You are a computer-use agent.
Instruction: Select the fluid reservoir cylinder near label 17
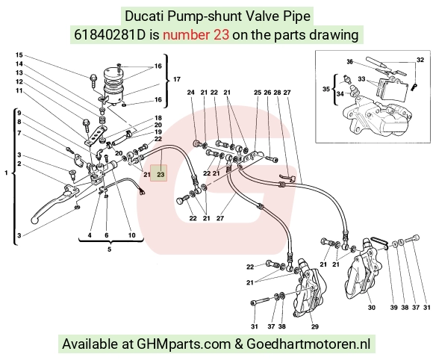pos(113,85)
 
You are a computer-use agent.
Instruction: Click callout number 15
pos(19,55)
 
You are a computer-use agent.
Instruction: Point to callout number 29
pos(315,327)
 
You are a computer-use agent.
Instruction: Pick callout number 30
pos(372,307)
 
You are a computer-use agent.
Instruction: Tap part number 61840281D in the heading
pos(109,35)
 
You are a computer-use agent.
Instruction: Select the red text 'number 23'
pos(196,35)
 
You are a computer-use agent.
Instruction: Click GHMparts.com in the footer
pos(184,344)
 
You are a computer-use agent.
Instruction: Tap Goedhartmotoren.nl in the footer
pos(308,344)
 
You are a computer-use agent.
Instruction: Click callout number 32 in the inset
pos(420,60)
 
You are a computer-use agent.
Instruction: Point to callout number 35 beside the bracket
pos(326,89)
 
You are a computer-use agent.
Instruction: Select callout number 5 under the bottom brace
pos(109,249)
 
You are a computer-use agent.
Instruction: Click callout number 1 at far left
pos(6,173)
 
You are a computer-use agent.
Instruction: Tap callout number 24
pos(191,93)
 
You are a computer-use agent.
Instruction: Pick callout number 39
pos(393,307)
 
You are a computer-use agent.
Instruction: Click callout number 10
pos(131,235)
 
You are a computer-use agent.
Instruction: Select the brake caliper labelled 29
pos(310,290)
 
